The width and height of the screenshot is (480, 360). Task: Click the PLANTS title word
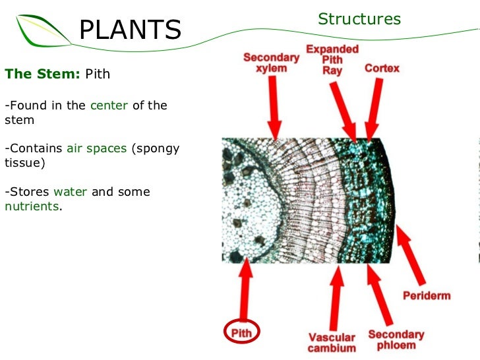(x=130, y=30)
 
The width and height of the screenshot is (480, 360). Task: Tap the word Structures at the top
(x=359, y=19)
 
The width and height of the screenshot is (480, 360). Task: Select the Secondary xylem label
(x=271, y=63)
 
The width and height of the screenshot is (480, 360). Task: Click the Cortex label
(x=382, y=68)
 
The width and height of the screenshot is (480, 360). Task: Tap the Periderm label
(x=427, y=295)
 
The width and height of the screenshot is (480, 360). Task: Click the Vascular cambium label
(x=332, y=342)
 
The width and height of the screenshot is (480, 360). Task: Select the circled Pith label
(x=241, y=333)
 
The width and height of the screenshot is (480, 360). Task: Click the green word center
(x=109, y=105)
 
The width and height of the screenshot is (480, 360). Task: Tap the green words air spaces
(x=96, y=148)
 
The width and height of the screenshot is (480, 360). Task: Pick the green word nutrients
(x=32, y=206)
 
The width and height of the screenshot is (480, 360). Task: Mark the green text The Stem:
(x=42, y=74)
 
